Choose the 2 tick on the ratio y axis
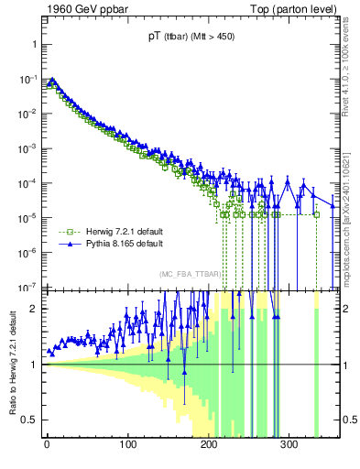pos(34,309)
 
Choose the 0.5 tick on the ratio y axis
pos(29,420)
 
